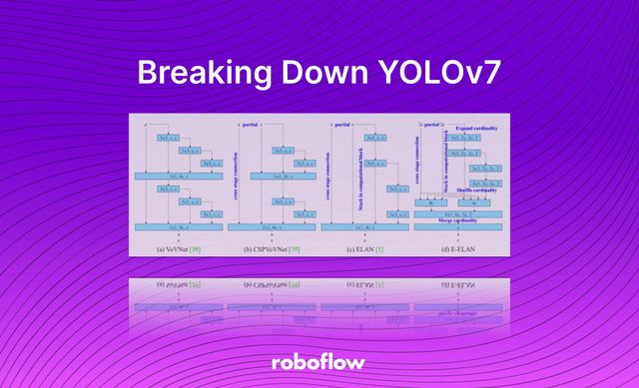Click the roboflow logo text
point(319,362)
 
